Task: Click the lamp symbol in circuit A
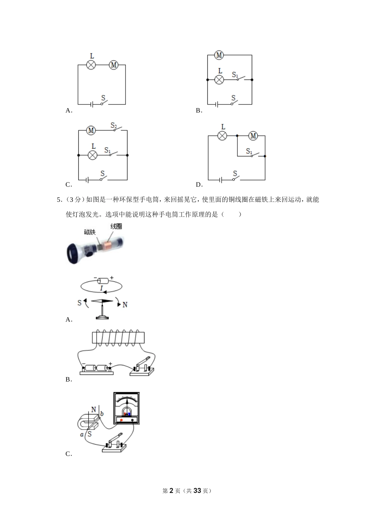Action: pyautogui.click(x=91, y=65)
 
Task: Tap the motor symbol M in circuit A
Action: pyautogui.click(x=114, y=65)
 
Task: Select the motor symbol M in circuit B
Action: pyautogui.click(x=219, y=55)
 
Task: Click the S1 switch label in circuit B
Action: pyautogui.click(x=235, y=74)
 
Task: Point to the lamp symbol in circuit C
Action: pyautogui.click(x=93, y=155)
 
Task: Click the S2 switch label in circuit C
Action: pyautogui.click(x=114, y=126)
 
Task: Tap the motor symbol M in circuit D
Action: pyautogui.click(x=253, y=136)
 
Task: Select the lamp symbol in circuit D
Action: pyautogui.click(x=223, y=136)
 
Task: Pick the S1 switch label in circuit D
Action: pyautogui.click(x=249, y=151)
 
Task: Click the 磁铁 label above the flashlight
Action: pyautogui.click(x=90, y=232)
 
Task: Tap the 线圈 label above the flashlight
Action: pyautogui.click(x=116, y=226)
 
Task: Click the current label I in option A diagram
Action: pyautogui.click(x=101, y=288)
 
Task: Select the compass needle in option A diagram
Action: pyautogui.click(x=102, y=301)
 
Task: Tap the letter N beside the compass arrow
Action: pyautogui.click(x=125, y=305)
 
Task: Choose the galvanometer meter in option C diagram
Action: pyautogui.click(x=127, y=408)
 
